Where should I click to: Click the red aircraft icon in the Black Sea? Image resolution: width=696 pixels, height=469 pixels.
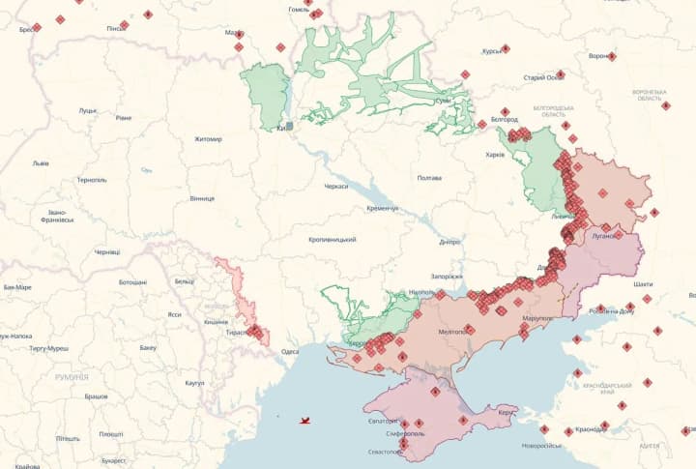[306, 421]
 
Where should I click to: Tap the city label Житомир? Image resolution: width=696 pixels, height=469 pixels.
[208, 139]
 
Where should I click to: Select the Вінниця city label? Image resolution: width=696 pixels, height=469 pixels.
[202, 198]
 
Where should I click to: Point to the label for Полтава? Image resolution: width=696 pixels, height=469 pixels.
[428, 178]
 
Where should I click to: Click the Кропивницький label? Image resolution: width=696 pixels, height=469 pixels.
[333, 240]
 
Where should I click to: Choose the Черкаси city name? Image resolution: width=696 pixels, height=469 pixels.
[335, 186]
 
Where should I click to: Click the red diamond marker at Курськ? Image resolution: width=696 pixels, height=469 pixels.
[505, 49]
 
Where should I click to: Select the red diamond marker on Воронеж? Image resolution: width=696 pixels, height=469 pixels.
[612, 56]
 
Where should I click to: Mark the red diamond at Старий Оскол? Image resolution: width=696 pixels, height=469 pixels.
[561, 74]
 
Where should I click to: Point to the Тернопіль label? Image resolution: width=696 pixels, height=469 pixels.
[92, 180]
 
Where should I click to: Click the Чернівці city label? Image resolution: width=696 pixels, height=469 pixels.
[107, 252]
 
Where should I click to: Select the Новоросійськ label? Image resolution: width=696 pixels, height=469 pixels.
[541, 446]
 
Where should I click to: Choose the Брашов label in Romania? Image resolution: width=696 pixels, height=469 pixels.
[96, 396]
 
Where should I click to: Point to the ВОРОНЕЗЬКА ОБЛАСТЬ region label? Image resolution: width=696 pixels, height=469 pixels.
[649, 95]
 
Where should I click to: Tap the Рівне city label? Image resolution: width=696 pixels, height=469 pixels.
[123, 118]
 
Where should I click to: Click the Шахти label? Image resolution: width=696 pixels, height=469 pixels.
[643, 284]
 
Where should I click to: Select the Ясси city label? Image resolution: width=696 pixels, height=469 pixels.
[174, 314]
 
